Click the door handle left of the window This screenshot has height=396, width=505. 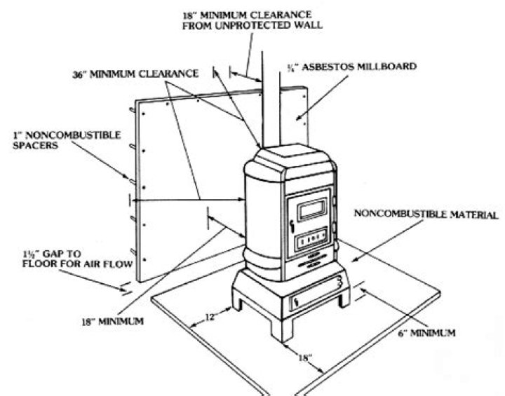tap(290, 224)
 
